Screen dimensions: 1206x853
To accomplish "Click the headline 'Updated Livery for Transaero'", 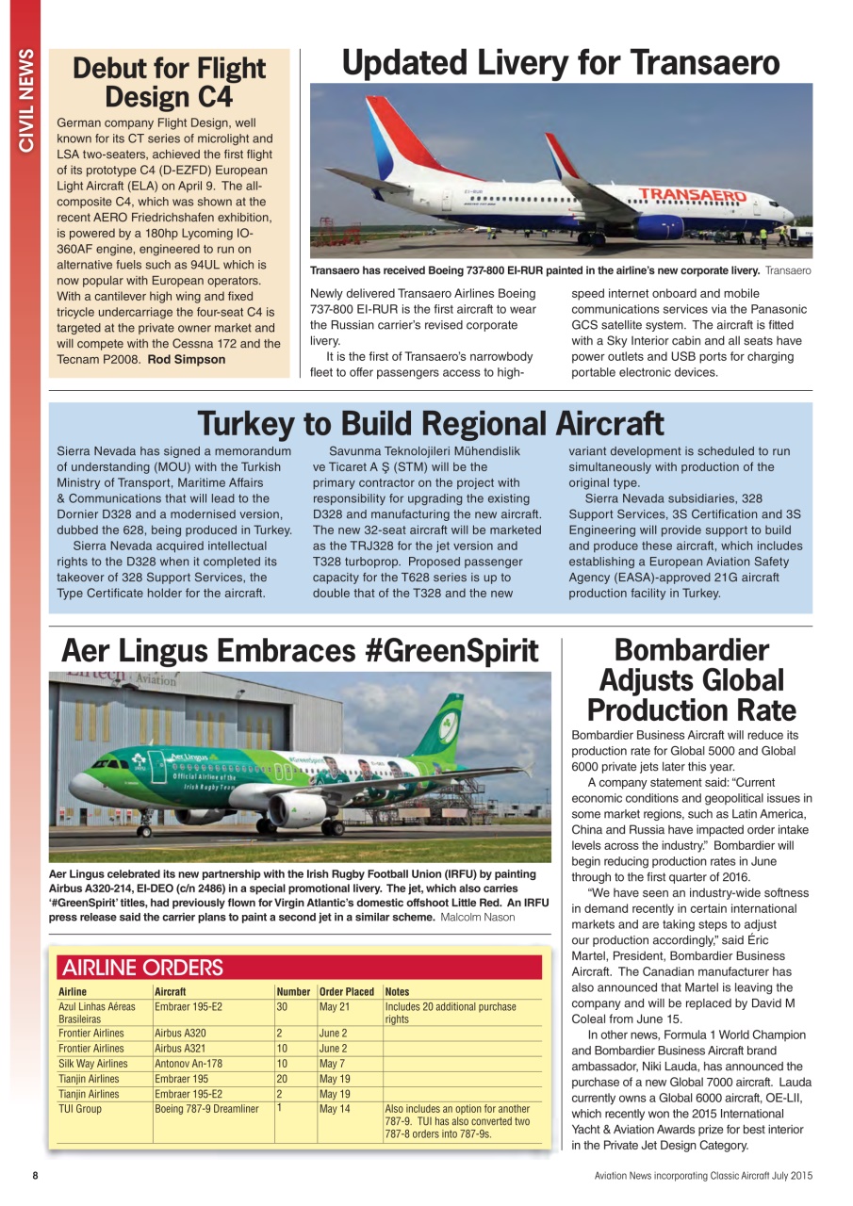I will tap(561, 63).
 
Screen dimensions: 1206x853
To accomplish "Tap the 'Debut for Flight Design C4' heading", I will tap(170, 82).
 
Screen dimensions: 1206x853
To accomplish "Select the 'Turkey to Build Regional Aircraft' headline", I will tap(430, 423).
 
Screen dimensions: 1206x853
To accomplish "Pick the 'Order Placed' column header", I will tap(347, 991).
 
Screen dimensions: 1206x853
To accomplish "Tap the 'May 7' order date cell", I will tap(332, 1064).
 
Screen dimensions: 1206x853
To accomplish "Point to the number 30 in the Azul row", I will tap(282, 1006).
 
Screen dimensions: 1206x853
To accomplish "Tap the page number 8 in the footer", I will tap(35, 1176).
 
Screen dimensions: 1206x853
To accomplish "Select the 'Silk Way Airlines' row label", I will tap(92, 1064).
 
